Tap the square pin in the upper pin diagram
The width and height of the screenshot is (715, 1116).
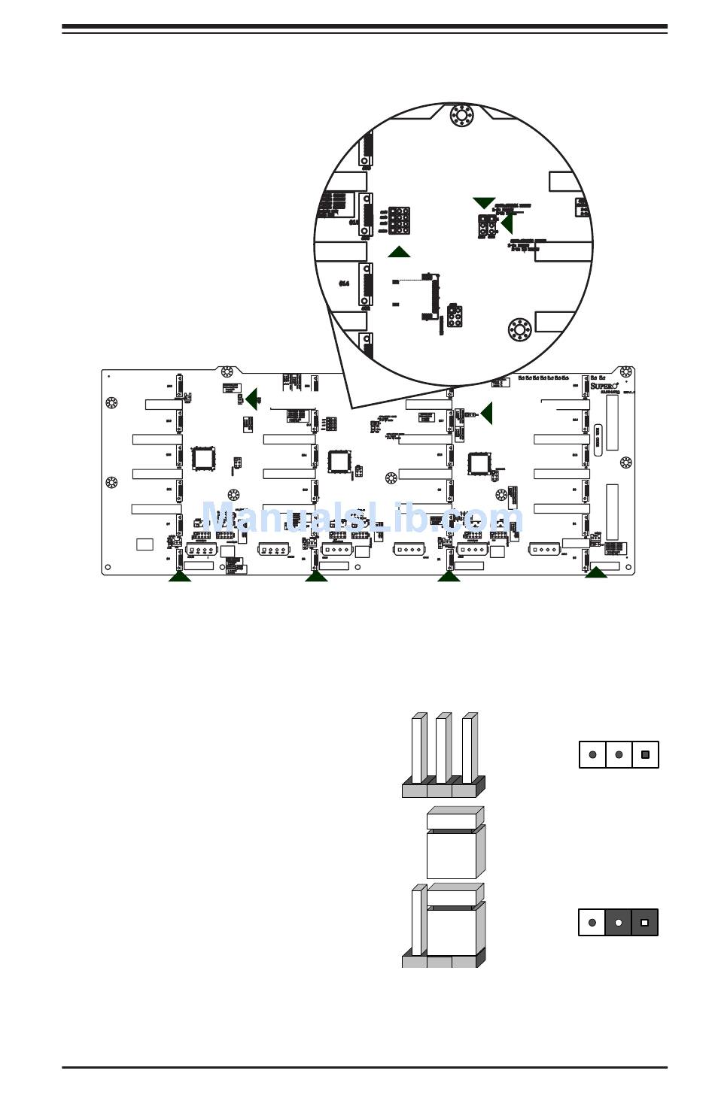tap(645, 754)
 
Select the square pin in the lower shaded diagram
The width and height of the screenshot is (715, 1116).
tap(644, 922)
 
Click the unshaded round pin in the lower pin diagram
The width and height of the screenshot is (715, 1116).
tap(592, 922)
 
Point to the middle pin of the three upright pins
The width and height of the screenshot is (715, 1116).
tap(443, 748)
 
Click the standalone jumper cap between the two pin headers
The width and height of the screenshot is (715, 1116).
tap(455, 843)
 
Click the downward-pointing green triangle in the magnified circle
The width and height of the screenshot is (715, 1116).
tap(484, 202)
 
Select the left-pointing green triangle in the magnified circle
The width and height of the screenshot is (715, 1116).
tap(507, 223)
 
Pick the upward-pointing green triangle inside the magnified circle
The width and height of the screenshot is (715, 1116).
tap(399, 251)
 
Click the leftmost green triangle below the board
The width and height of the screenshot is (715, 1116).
tap(179, 575)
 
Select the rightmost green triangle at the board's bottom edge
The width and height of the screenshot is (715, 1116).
tap(596, 572)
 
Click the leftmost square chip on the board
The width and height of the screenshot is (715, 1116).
tap(203, 459)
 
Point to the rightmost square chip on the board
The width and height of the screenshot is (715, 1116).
tap(479, 462)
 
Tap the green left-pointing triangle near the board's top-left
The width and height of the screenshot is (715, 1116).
tap(252, 399)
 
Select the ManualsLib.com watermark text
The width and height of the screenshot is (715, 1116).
tap(361, 518)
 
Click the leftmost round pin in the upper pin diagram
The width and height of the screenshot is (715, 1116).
tap(593, 754)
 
